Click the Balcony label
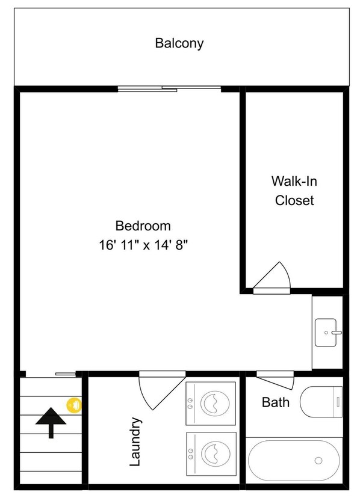coord(179,43)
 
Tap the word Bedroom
coord(143,226)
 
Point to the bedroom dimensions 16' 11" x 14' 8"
coord(143,245)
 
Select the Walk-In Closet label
coord(294,191)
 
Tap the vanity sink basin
coord(326,333)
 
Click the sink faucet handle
coord(337,333)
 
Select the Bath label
coord(276,402)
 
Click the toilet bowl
coord(317,402)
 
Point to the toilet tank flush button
coord(338,402)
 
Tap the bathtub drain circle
coord(318,461)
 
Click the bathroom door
coord(275,380)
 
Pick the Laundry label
coord(135,441)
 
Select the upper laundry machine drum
coord(215,402)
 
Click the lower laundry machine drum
coord(216,453)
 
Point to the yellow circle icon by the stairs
coord(74,405)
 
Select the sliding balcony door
coord(169,89)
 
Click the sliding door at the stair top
coord(66,374)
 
